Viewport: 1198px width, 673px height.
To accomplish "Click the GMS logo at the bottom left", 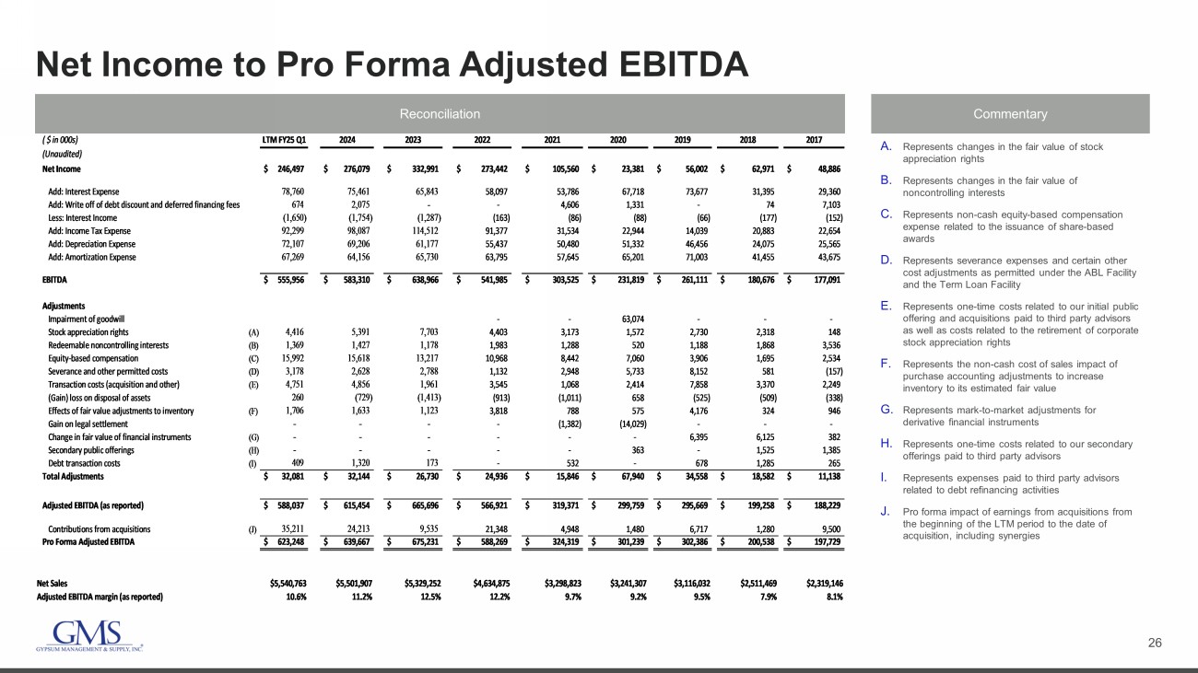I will coord(88,636).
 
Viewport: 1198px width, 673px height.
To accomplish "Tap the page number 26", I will coord(1155,642).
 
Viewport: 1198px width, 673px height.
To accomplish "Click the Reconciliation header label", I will coord(440,114).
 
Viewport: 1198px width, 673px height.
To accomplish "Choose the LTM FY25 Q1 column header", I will coord(284,140).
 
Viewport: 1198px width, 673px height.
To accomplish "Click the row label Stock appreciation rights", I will coord(88,331).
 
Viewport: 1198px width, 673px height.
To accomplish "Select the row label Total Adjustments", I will coord(73,477).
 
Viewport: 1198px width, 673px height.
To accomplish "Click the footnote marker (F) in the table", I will coord(253,411).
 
